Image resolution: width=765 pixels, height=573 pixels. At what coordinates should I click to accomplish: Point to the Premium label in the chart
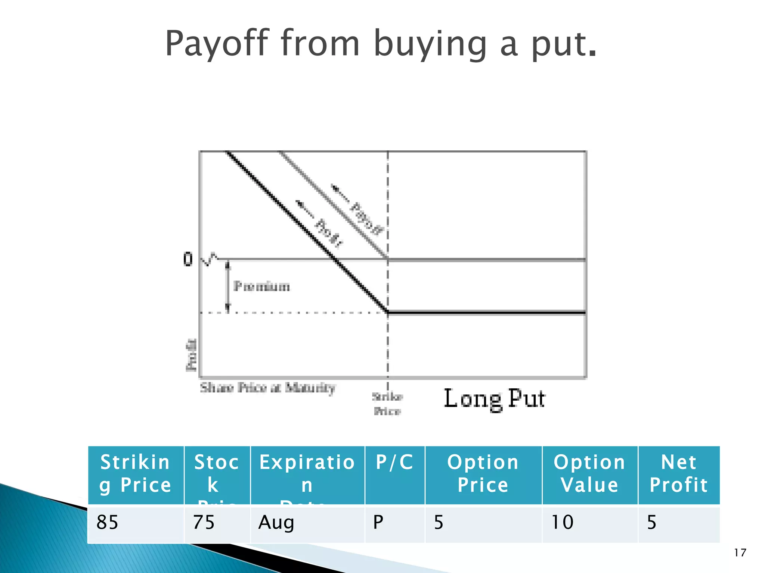pyautogui.click(x=261, y=286)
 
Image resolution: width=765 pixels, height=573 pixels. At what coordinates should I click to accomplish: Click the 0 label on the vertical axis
pyautogui.click(x=188, y=259)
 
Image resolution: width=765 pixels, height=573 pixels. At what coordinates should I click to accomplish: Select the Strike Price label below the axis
pyautogui.click(x=387, y=404)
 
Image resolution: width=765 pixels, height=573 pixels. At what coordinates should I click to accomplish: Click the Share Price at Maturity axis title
pyautogui.click(x=267, y=388)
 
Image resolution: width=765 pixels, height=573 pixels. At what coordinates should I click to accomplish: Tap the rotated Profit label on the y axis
pyautogui.click(x=191, y=355)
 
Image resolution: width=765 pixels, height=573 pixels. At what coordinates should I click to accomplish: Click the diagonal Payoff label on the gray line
pyautogui.click(x=366, y=218)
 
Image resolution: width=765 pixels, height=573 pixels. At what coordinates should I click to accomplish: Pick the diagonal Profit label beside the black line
pyautogui.click(x=328, y=234)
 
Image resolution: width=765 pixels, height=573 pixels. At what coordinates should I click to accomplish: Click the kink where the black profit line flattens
pyautogui.click(x=387, y=312)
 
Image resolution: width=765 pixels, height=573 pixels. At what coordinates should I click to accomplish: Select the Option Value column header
pyautogui.click(x=589, y=474)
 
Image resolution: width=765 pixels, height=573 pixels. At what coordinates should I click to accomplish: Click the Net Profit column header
pyautogui.click(x=678, y=474)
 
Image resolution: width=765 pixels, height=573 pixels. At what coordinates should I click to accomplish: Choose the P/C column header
pyautogui.click(x=394, y=463)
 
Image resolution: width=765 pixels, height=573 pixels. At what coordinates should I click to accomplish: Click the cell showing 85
pyautogui.click(x=108, y=522)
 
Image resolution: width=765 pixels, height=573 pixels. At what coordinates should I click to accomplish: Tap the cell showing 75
pyautogui.click(x=204, y=522)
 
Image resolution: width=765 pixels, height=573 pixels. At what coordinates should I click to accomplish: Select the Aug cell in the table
pyautogui.click(x=276, y=522)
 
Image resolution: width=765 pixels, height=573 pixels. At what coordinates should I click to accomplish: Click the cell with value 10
pyautogui.click(x=562, y=522)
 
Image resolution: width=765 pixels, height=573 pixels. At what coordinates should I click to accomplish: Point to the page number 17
pyautogui.click(x=740, y=552)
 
